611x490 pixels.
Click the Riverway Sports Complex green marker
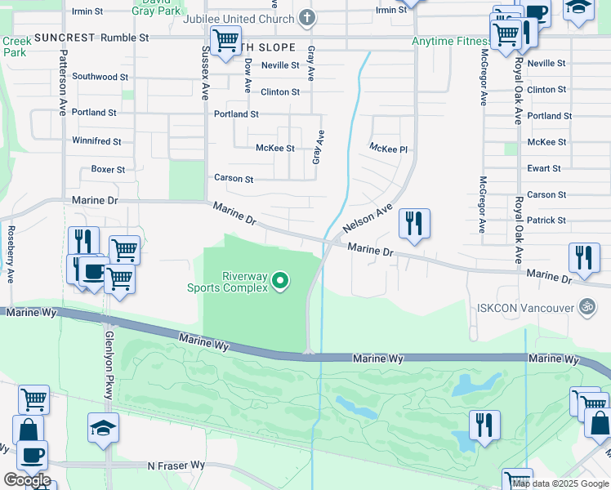[x=280, y=281]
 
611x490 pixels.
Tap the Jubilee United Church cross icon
[x=307, y=17]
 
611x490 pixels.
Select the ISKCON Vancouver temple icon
[x=586, y=307]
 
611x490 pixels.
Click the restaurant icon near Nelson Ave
[x=414, y=223]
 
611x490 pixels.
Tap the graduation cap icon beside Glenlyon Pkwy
[x=104, y=427]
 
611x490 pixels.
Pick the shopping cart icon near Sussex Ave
[x=225, y=39]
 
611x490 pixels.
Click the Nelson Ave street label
[x=368, y=219]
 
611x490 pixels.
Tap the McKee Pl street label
[x=388, y=149]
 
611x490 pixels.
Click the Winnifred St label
[x=96, y=141]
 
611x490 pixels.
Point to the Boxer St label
[x=108, y=170]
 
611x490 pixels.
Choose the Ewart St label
[x=545, y=168]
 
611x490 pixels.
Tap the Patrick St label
[x=546, y=220]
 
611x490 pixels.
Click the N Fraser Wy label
[x=176, y=465]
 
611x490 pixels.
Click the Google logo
[x=27, y=480]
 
